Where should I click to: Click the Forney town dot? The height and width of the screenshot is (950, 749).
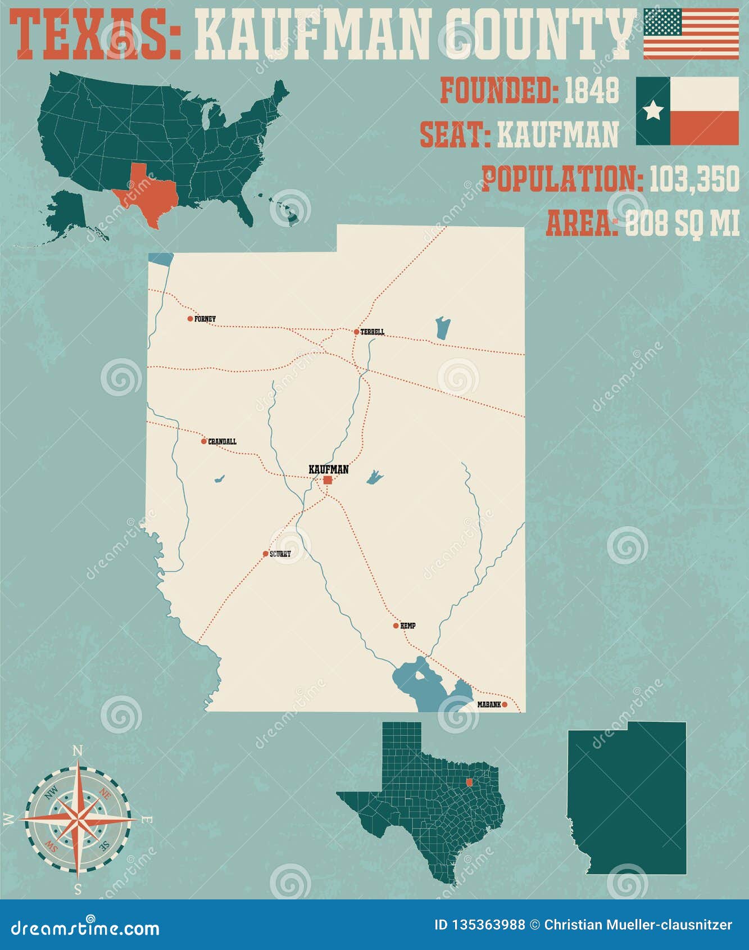pos(190,319)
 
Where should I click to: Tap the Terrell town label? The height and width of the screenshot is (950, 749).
pos(373,332)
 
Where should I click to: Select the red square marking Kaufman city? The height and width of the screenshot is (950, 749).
pos(328,480)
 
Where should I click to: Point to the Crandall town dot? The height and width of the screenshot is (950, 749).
pos(204,441)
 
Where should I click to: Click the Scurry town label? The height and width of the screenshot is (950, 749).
pos(280,554)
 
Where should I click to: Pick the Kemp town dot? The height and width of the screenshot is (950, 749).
pos(396,626)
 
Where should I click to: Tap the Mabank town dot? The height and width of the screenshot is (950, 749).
pos(505,704)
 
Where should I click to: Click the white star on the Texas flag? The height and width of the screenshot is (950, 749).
pos(653,111)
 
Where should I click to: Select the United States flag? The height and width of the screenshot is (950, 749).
pos(691,34)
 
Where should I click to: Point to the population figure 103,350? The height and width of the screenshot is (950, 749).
pos(694,179)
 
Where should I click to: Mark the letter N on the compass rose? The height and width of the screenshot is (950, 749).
pos(78,751)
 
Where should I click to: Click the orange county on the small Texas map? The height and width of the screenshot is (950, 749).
pos(470,782)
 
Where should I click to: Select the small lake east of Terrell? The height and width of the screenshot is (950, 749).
pos(443,328)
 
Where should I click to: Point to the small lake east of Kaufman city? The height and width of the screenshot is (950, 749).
pos(374,477)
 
